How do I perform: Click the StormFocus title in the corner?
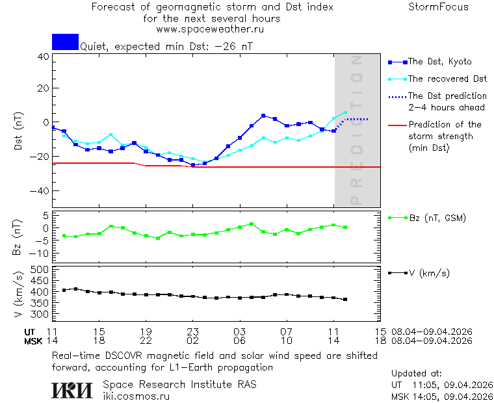[438, 7]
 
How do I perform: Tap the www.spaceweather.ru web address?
[210, 29]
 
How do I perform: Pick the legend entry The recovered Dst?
[447, 79]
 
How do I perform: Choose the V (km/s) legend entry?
[428, 273]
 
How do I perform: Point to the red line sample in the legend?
[396, 125]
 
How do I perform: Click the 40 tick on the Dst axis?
[43, 57]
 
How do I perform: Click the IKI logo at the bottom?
[73, 389]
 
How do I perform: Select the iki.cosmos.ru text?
[136, 395]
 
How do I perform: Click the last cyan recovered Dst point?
[345, 112]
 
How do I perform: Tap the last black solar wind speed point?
[345, 299]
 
